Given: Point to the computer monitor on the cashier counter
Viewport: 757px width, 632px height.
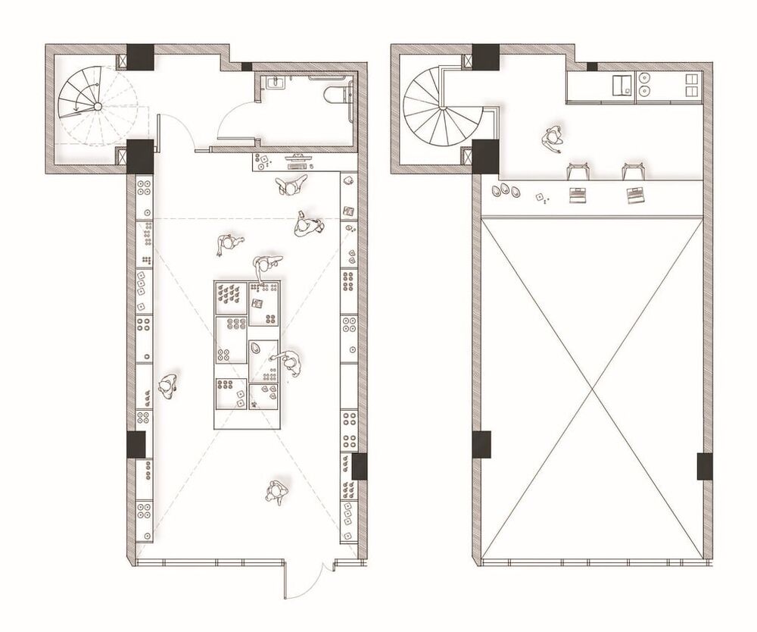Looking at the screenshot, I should [x=297, y=158].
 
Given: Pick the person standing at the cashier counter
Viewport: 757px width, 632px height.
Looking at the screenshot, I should [x=291, y=184].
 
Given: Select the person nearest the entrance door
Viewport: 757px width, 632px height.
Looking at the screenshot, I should [x=276, y=491].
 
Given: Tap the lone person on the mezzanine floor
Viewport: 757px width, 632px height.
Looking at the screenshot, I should [x=553, y=139].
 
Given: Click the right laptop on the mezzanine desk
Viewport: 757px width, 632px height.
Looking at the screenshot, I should [x=634, y=195].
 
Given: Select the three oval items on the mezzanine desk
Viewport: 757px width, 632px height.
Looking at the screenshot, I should [x=506, y=190].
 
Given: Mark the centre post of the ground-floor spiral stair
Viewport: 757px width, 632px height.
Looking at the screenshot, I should [x=96, y=107].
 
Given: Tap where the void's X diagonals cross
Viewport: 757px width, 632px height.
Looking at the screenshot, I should [x=590, y=389].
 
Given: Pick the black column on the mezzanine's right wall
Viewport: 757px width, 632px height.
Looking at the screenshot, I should [x=704, y=466].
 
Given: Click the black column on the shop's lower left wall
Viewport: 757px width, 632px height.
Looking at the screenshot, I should [x=136, y=445].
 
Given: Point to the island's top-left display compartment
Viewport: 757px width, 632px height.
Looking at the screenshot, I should [x=231, y=294].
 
